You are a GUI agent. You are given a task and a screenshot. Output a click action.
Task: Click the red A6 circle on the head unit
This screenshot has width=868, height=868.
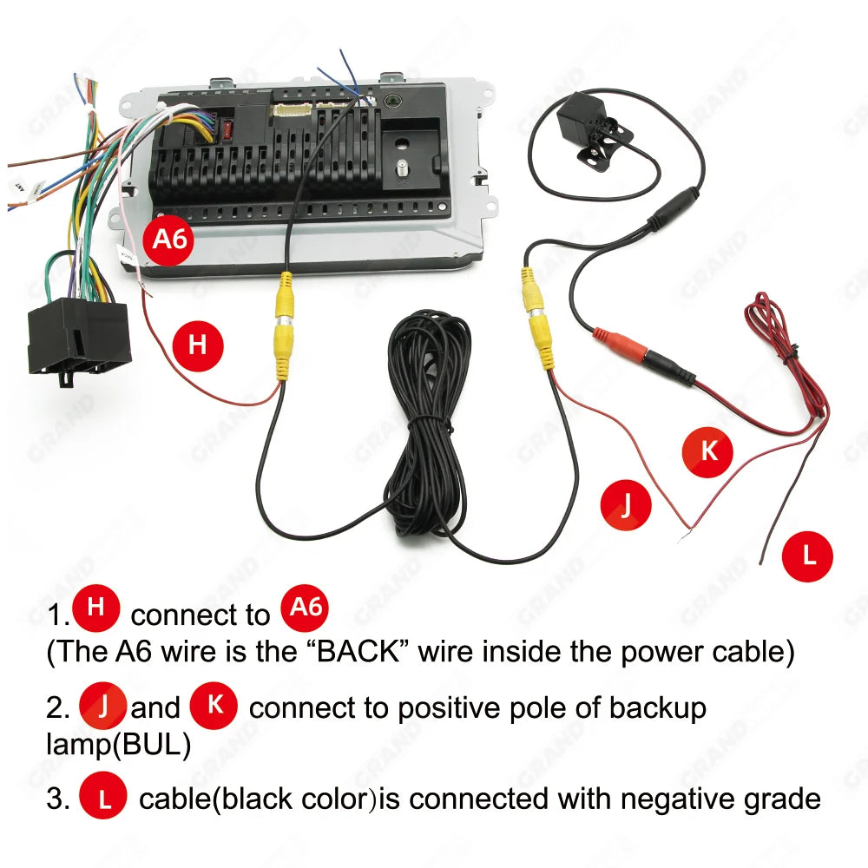170,238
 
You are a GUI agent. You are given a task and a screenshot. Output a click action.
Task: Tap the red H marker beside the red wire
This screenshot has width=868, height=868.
197,344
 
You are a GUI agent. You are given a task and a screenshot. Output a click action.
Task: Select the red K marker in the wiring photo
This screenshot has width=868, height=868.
707,451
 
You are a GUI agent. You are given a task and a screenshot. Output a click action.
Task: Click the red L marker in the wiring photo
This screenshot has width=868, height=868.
807,556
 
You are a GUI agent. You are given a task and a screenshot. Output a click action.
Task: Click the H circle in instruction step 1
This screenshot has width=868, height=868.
96,609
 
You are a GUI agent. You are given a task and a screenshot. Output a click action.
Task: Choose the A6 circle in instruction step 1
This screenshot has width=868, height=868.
306,609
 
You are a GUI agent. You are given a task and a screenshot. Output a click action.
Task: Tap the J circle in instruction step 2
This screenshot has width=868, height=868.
103,707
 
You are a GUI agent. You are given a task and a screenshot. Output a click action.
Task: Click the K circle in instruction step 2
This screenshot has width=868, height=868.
214,706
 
